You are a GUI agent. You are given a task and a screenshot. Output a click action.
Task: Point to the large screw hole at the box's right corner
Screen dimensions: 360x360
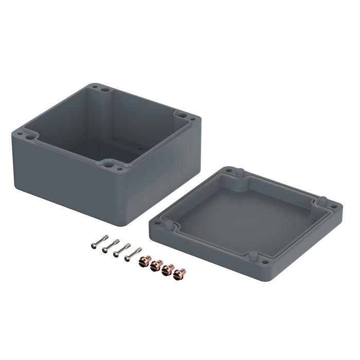coord(181,114)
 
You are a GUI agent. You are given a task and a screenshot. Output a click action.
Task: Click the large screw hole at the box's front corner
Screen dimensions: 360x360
coord(110,165)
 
